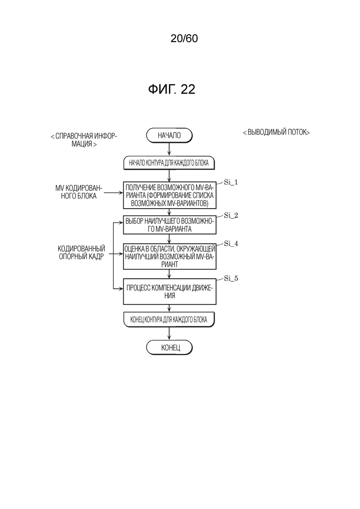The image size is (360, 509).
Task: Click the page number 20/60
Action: pyautogui.click(x=184, y=39)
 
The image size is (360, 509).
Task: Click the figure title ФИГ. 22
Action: pyautogui.click(x=172, y=90)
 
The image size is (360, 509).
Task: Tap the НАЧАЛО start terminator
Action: pyautogui.click(x=169, y=135)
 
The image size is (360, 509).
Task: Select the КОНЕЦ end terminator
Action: pyautogui.click(x=169, y=347)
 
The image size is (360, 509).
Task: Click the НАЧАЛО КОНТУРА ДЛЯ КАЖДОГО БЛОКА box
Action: pyautogui.click(x=169, y=163)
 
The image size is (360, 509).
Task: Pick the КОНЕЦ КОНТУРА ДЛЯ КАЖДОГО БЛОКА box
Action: pyautogui.click(x=169, y=320)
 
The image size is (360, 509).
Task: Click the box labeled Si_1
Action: pyautogui.click(x=169, y=195)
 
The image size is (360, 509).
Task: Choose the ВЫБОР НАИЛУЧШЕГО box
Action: pyautogui.click(x=169, y=225)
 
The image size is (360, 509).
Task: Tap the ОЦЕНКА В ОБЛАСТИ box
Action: pyautogui.click(x=169, y=257)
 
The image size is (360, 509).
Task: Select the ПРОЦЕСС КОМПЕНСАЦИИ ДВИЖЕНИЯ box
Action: pyautogui.click(x=169, y=292)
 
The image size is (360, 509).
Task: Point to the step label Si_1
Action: pyautogui.click(x=231, y=182)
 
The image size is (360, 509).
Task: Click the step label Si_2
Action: pyautogui.click(x=231, y=215)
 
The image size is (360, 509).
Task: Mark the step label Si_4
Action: pyautogui.click(x=231, y=244)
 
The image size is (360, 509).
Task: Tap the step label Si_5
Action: pyautogui.click(x=231, y=278)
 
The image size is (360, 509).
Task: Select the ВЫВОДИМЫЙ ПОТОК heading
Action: pyautogui.click(x=276, y=132)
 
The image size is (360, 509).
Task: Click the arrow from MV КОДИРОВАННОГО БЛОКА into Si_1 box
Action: pyautogui.click(x=113, y=194)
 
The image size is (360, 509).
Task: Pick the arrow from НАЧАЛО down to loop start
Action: pyautogui.click(x=169, y=150)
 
